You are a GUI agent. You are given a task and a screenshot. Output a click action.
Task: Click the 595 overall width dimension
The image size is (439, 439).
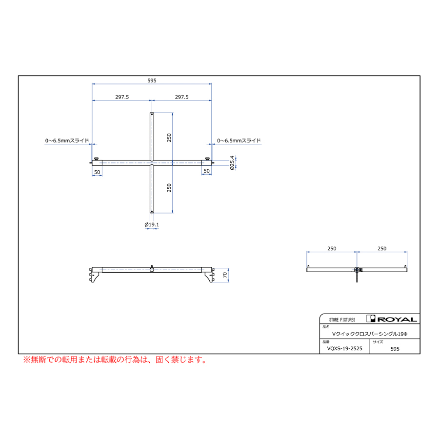152,80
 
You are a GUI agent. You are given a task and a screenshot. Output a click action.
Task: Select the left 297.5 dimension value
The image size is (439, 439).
122,97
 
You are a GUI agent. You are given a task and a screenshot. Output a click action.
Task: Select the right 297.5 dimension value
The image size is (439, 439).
182,97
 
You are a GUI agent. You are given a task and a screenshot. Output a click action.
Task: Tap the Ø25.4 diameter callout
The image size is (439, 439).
232,163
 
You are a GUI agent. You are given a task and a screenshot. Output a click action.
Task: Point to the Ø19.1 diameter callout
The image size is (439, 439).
152,224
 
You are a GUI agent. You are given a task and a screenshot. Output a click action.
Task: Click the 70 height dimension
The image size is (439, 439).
225,275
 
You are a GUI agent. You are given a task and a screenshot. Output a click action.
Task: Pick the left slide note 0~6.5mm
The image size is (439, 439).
67,140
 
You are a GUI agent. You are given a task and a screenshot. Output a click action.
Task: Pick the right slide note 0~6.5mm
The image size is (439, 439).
239,140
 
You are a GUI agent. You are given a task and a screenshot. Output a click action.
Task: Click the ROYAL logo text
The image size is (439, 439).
397,319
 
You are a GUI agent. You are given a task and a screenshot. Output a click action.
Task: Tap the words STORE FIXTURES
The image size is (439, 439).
342,319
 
